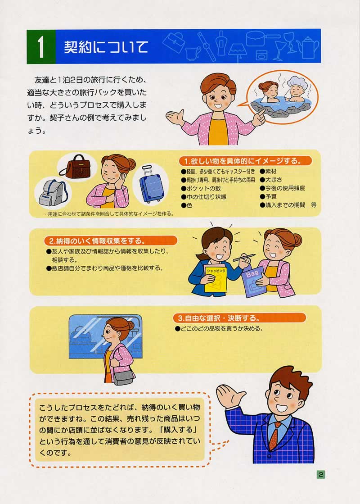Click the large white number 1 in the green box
(41, 47)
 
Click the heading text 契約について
(106, 47)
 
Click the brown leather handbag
(79, 167)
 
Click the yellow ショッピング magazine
(216, 279)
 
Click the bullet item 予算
(268, 196)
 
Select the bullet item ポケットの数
(201, 188)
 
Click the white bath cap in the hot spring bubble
(294, 82)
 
